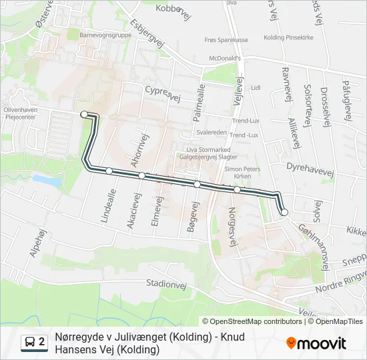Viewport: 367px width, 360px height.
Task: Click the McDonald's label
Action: tap(224, 57)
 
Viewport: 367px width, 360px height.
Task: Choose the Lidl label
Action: tap(255, 87)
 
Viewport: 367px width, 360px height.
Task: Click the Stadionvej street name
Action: tap(165, 283)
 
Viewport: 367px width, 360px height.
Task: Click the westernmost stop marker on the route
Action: tap(84, 115)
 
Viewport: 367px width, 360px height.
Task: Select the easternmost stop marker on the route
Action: tap(284, 212)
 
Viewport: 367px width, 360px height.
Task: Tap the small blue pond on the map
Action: tap(46, 180)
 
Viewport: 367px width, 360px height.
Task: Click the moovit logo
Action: tap(316, 343)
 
